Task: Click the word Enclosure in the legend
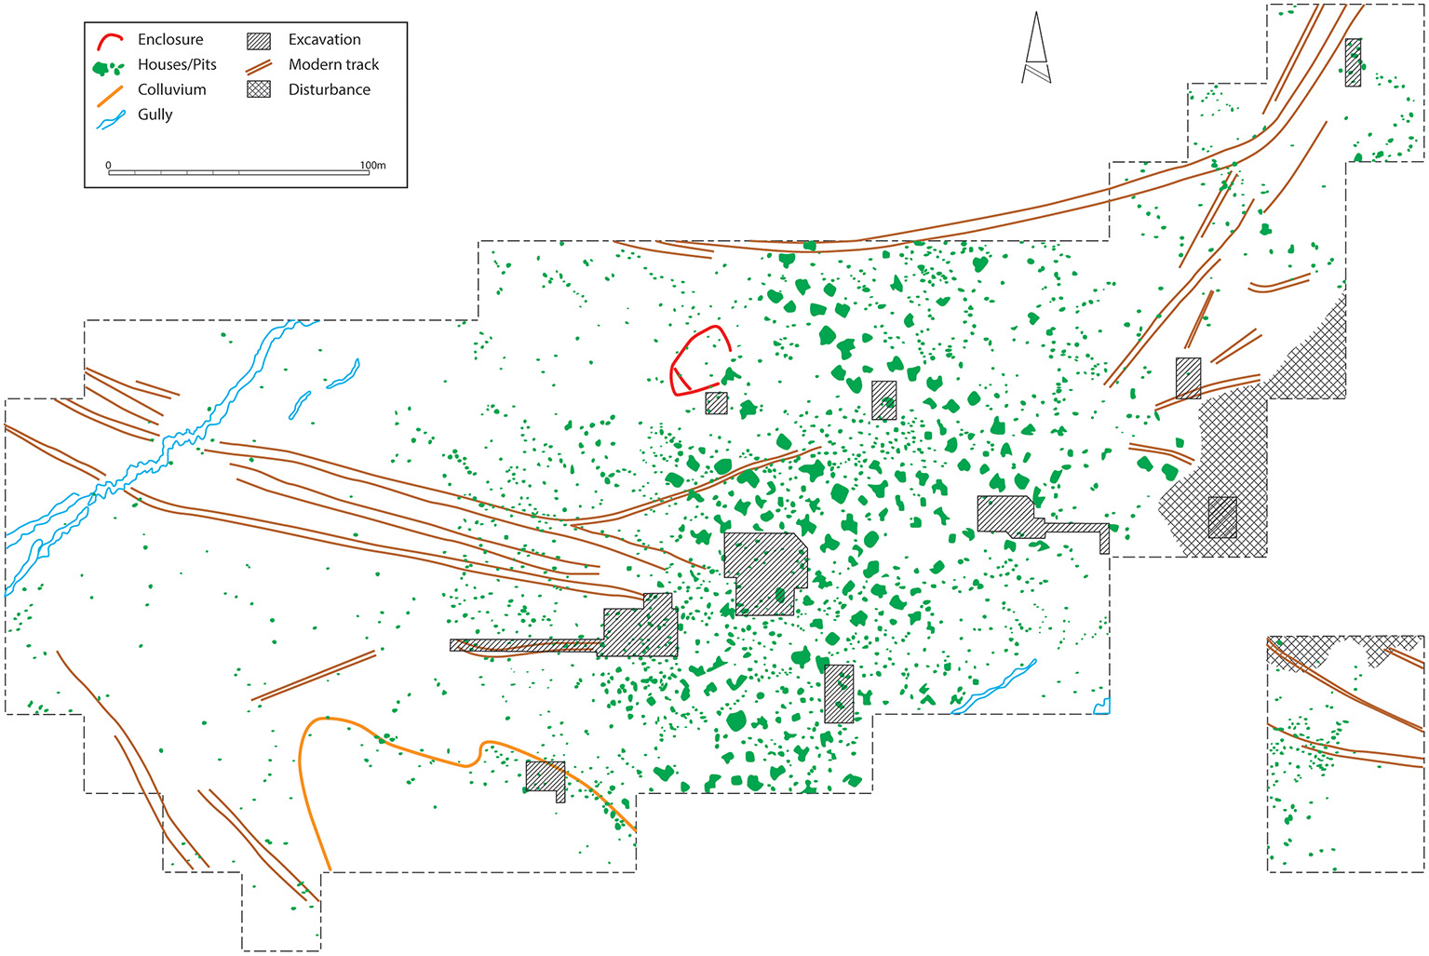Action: (170, 40)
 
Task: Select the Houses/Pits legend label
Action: (177, 65)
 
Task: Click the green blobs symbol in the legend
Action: (109, 68)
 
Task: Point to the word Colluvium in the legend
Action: (172, 90)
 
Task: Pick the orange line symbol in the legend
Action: (110, 95)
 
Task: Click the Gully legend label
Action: (155, 115)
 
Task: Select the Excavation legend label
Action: (324, 40)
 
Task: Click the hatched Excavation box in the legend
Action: (259, 41)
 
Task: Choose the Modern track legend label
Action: (333, 65)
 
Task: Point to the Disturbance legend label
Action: (329, 90)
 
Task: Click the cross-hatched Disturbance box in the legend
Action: (259, 90)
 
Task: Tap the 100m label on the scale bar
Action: (372, 166)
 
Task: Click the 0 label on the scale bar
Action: (109, 166)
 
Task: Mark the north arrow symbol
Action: (1036, 51)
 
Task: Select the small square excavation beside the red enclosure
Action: (716, 403)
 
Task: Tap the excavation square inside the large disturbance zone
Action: (1222, 518)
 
